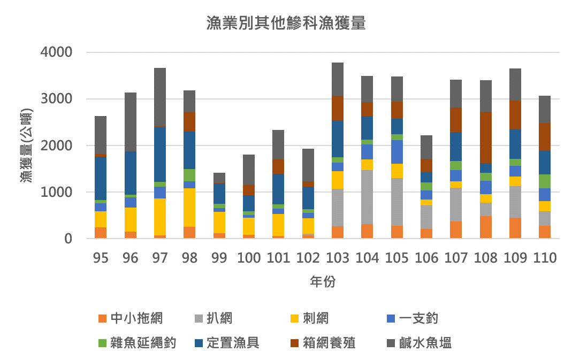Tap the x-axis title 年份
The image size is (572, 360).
pyautogui.click(x=323, y=282)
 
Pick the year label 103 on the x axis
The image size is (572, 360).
pyautogui.click(x=338, y=258)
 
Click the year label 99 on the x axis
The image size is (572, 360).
pyautogui.click(x=219, y=258)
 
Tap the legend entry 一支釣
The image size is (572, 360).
pyautogui.click(x=418, y=319)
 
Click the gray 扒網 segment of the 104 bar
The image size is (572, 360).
pyautogui.click(x=367, y=197)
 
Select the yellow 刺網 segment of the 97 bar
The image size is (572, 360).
pyautogui.click(x=159, y=217)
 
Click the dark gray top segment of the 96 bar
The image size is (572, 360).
pyautogui.click(x=130, y=122)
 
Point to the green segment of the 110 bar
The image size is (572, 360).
pyautogui.click(x=545, y=181)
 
